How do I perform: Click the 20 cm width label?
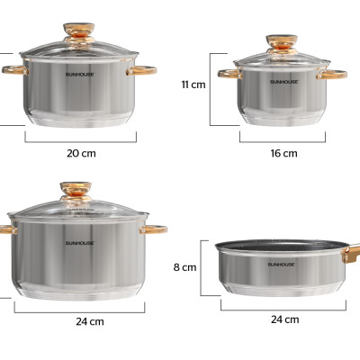tap(81, 153)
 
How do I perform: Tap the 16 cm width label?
tap(283, 153)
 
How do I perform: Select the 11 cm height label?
tap(193, 85)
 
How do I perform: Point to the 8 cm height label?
tap(185, 267)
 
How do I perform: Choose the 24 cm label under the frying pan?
tap(284, 319)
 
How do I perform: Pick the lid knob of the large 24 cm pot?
tap(76, 191)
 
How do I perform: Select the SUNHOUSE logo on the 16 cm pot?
tap(282, 82)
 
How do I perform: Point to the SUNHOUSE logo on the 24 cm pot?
tap(78, 243)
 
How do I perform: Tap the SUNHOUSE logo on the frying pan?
tap(282, 265)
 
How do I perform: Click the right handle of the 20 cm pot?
tap(143, 70)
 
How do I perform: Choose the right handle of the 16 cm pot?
tap(332, 74)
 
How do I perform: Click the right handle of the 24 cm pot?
tap(155, 230)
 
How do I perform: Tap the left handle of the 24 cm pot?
tap(4, 230)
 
